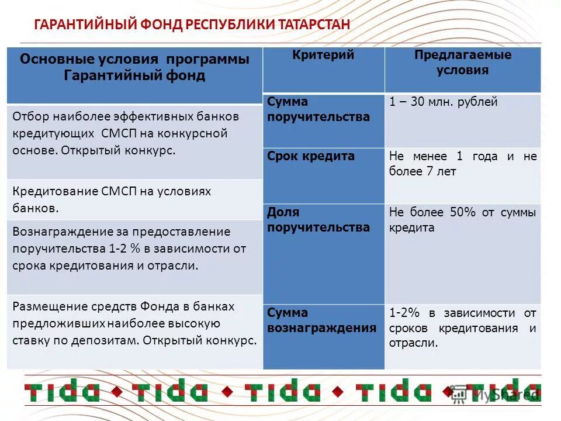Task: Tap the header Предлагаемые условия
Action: pos(462,63)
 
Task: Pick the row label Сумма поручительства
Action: pos(318,109)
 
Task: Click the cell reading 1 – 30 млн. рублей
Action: pos(444,102)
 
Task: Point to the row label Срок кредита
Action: pos(311,156)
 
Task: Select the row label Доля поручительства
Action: pos(318,220)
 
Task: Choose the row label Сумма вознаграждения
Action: pos(321,320)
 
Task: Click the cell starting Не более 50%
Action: pos(462,220)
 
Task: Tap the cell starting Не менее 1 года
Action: pos(462,164)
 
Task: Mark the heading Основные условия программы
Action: pos(134,60)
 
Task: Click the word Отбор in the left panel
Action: pos(29,116)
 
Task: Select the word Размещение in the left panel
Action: pos(43,306)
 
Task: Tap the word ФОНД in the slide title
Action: pos(161,25)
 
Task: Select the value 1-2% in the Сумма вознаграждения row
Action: pos(402,313)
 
